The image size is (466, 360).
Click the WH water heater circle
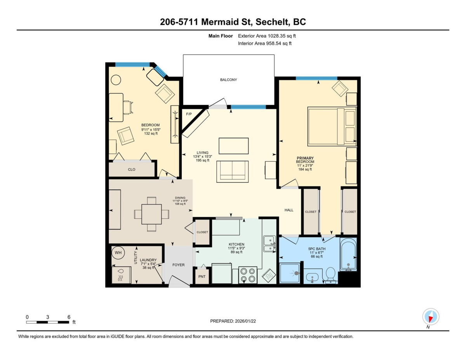coord(118,253)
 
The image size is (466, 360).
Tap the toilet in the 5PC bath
coord(330,275)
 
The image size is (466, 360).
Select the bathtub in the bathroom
coord(348,254)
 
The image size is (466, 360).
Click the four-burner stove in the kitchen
coord(248,275)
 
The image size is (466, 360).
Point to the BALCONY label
coord(228,80)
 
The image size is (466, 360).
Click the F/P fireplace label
coord(189,114)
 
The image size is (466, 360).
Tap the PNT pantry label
coord(202,277)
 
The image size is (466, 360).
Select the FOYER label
coord(178,265)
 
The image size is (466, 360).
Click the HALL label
coord(289,210)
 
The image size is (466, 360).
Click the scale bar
coord(48,322)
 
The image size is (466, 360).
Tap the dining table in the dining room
coord(151,214)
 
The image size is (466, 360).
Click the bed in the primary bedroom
coord(332,126)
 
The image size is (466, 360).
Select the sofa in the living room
coord(233,172)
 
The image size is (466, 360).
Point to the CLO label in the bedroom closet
coord(132,170)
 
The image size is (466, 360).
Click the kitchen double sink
coord(270,244)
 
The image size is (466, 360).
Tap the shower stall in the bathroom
coord(290,273)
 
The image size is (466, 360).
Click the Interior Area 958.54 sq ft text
coord(264,43)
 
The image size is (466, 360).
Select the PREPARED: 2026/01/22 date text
coord(233,321)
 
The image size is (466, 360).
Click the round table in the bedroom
coord(116,80)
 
